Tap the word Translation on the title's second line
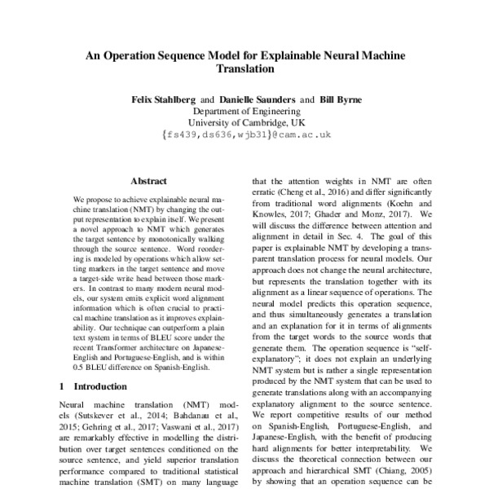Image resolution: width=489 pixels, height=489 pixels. coord(244,71)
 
